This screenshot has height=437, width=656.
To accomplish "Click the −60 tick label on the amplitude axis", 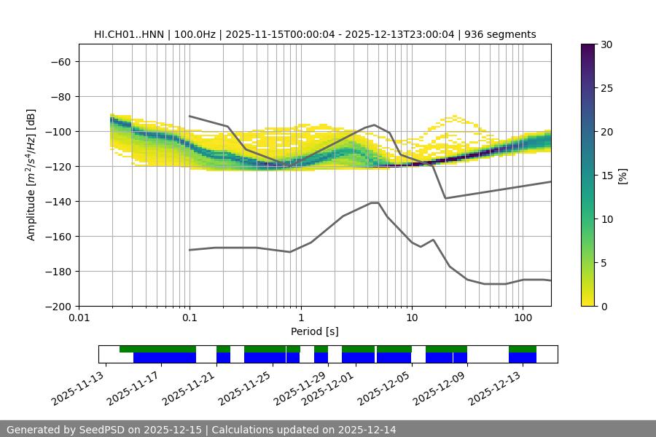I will pos(60,61).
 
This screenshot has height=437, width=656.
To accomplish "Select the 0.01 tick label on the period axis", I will pos(79,318).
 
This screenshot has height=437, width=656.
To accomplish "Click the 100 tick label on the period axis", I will pos(522,318).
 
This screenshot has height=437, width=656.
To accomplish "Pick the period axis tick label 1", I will pos(300,318).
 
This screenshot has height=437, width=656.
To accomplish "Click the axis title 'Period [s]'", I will pos(315,331).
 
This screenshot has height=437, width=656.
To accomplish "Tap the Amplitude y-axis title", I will pos(31,175).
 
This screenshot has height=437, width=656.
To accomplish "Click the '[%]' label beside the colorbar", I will pos(622,176).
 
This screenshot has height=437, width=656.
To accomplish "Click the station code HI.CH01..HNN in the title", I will pos(128,34).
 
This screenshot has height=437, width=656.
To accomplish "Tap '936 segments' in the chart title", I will pos(500,34).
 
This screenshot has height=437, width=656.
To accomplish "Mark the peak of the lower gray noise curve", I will pos(375,202).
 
